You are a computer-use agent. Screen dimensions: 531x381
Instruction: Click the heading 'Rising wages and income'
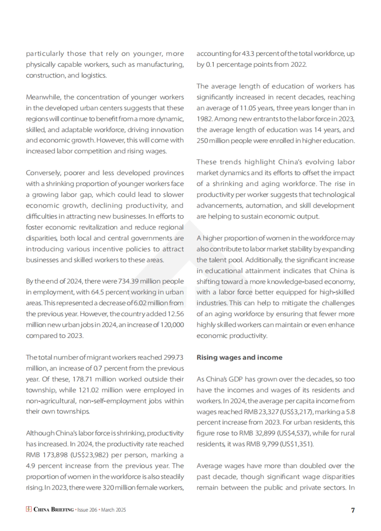tap(239, 357)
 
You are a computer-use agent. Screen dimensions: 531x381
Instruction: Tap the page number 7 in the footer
tap(353, 510)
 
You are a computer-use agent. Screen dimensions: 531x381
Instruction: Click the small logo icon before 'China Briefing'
tap(29, 509)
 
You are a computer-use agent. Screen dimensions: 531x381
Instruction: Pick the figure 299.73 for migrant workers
tap(173, 357)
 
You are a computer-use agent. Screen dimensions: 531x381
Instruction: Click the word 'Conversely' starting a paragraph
tap(43, 173)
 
